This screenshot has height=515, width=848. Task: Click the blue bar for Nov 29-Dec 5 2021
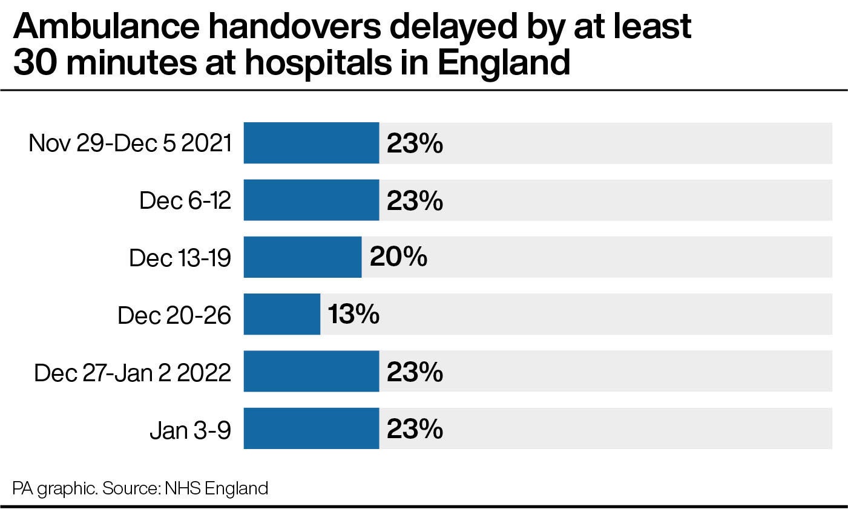(x=311, y=143)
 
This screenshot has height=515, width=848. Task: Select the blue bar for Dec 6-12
(x=311, y=200)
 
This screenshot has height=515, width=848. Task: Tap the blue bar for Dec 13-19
(x=303, y=257)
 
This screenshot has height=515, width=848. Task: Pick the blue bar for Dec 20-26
(x=282, y=314)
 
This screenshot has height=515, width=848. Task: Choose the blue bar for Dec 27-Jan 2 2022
(x=311, y=371)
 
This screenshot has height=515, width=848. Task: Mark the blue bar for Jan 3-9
(x=311, y=428)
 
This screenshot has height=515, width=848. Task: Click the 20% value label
(x=398, y=257)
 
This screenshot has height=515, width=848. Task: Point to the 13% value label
(x=353, y=314)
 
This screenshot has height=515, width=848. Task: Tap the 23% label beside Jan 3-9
(x=415, y=428)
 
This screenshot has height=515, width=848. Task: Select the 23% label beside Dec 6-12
(x=415, y=200)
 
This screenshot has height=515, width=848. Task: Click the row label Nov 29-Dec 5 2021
(x=130, y=143)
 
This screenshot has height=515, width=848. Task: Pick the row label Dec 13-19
(x=180, y=258)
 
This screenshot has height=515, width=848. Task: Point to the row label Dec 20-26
(x=174, y=315)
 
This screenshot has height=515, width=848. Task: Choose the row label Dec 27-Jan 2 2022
(x=133, y=372)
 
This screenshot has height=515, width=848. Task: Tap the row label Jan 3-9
(x=190, y=429)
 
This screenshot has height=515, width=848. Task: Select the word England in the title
(x=504, y=63)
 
